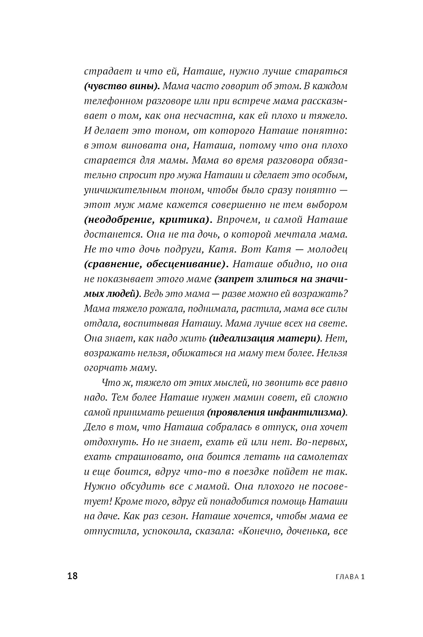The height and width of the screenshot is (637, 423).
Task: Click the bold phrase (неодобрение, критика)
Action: (x=148, y=220)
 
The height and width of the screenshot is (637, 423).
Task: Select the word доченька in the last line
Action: (x=305, y=531)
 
